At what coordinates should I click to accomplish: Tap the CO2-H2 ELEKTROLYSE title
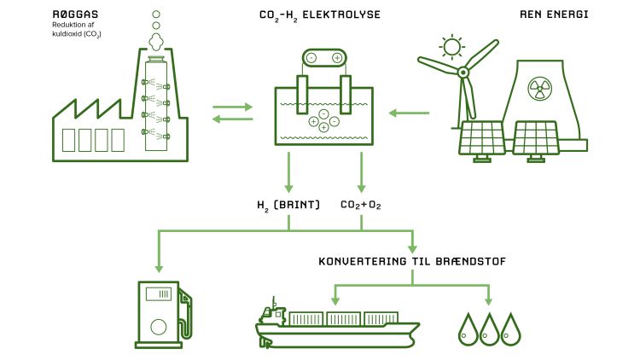[x=319, y=15]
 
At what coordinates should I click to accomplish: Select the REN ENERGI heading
[x=553, y=15]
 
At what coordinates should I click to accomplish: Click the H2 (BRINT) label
[x=288, y=206]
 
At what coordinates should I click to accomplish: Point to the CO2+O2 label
[x=362, y=206]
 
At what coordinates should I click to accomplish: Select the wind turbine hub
[x=463, y=73]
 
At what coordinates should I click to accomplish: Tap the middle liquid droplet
[x=489, y=329]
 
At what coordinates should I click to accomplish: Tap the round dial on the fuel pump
[x=158, y=327]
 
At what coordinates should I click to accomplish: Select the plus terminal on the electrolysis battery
[x=337, y=57]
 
